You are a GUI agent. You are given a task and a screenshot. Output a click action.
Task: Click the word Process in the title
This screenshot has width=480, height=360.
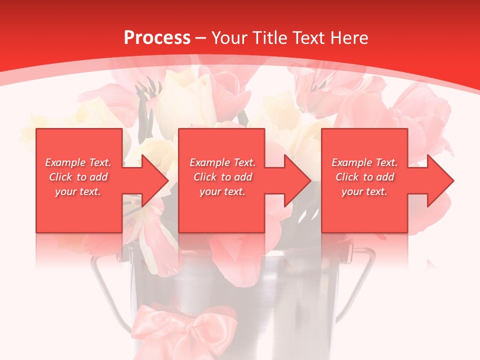(x=157, y=38)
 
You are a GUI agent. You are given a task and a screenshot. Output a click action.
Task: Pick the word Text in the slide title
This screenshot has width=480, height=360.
(x=310, y=38)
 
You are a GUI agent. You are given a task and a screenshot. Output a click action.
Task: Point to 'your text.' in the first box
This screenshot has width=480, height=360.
(x=78, y=191)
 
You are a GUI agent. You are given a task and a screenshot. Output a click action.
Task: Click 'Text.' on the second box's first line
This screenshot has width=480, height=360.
(x=241, y=162)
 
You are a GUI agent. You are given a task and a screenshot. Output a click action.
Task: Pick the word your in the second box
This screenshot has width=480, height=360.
(x=210, y=191)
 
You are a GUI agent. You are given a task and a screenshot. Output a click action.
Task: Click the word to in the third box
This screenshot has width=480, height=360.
(x=368, y=177)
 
